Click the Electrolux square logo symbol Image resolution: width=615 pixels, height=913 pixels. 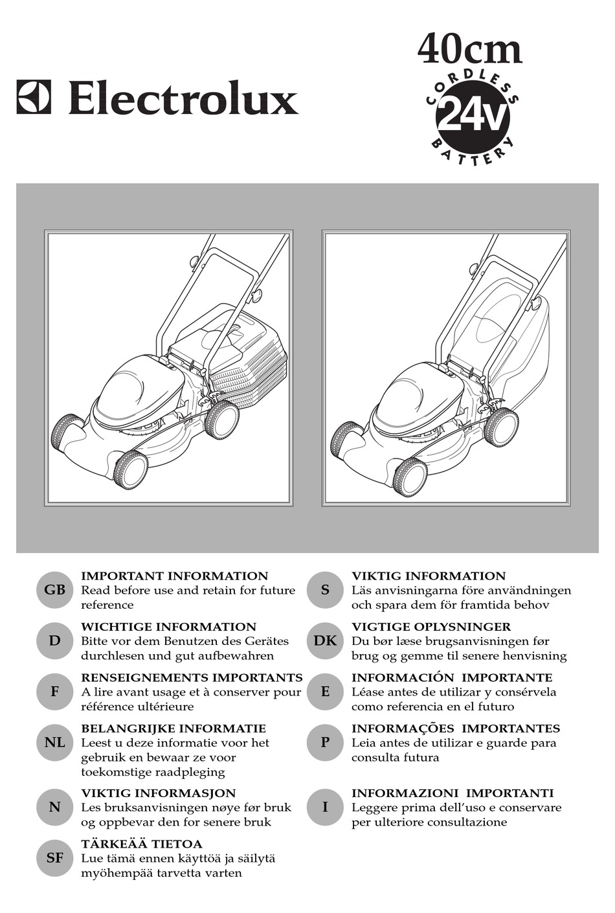[34, 96]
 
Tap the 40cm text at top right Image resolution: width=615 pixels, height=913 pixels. [469, 50]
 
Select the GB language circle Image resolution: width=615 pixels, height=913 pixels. [54, 590]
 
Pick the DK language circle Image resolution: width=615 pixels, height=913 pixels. [325, 641]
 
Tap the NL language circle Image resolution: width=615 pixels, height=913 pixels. [54, 742]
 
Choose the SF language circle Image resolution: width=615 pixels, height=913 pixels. [54, 858]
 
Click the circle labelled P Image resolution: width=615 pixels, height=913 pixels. [325, 742]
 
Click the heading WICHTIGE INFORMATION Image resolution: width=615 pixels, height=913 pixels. [169, 626]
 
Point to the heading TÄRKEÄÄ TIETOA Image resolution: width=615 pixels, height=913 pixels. [142, 843]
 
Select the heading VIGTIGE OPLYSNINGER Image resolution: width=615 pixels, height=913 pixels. [431, 626]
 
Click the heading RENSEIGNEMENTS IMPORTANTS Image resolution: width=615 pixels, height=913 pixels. [192, 677]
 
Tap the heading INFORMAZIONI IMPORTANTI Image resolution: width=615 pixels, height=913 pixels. [453, 793]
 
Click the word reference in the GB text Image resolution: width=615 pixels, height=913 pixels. [107, 605]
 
